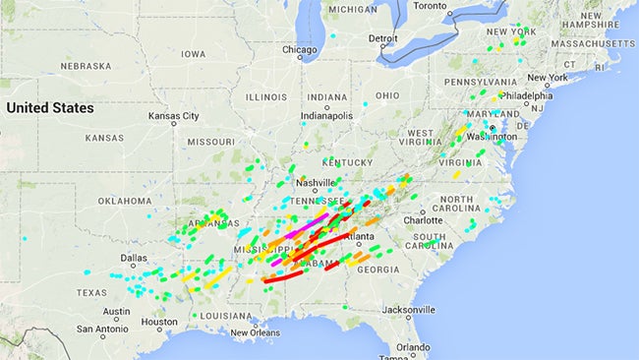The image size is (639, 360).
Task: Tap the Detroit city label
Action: click(382, 39)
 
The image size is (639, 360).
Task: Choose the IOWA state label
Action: click(194, 54)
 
